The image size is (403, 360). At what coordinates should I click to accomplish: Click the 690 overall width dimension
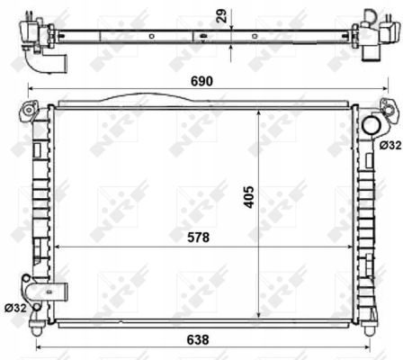(x=201, y=80)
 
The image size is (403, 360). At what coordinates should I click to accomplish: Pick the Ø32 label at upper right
(x=390, y=145)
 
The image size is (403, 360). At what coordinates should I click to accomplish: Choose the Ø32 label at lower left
(x=14, y=307)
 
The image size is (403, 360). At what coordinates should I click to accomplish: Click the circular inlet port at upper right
(x=370, y=125)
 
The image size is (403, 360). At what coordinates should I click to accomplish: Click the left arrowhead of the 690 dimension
(x=30, y=90)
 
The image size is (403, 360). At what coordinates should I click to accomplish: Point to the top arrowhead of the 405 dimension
(x=260, y=112)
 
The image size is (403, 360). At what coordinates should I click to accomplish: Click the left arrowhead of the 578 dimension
(x=57, y=247)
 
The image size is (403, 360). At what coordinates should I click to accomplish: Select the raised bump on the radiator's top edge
(x=135, y=98)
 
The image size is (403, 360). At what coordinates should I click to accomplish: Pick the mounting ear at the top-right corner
(x=387, y=110)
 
